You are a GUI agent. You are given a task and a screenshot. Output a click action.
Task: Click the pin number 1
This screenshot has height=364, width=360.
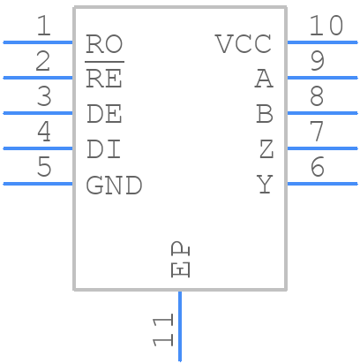point(43,27)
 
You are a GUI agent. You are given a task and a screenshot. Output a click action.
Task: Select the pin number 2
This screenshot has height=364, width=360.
point(43,62)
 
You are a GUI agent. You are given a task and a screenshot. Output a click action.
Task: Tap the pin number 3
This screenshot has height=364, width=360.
point(43,97)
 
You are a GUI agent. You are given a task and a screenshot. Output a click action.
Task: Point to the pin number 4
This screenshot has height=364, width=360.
point(43,133)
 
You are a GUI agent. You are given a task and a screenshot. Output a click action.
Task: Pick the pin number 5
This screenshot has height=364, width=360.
point(43,168)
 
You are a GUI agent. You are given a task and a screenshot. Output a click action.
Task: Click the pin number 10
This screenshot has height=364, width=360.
point(326,27)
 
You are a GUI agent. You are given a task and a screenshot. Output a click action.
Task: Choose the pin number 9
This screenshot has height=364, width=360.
point(317,62)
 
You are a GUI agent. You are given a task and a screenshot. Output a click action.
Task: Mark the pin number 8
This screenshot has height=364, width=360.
point(317,97)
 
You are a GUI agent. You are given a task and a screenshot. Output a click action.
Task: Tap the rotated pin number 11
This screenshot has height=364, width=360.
point(162,330)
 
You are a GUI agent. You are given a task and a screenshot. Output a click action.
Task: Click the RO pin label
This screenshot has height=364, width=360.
point(104,44)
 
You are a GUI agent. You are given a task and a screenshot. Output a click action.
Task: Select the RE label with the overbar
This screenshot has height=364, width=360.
point(104,79)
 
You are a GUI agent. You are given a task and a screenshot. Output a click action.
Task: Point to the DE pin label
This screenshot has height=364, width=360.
point(104,115)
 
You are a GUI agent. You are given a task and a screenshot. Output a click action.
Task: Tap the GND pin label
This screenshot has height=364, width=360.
point(114,186)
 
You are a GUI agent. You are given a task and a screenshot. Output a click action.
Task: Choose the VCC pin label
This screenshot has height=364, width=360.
point(244,44)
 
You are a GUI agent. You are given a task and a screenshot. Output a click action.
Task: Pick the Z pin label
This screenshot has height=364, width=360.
point(266,150)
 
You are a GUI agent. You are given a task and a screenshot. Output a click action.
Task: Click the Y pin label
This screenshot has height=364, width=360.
point(265,186)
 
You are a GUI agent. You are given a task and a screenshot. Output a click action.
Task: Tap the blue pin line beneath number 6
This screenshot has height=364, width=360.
point(322,184)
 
